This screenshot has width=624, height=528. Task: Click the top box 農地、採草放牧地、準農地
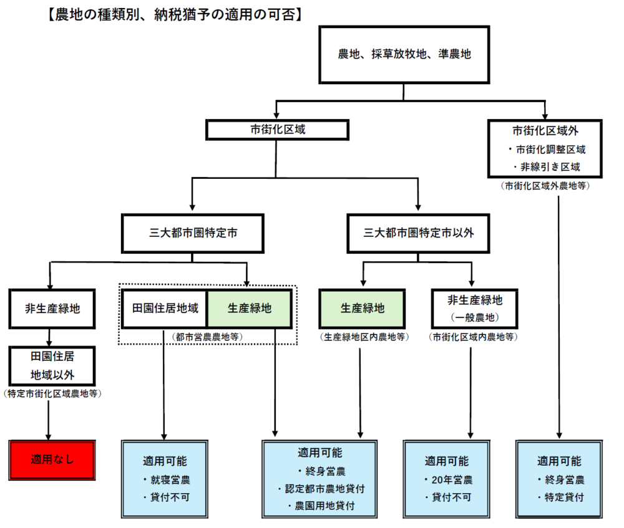click(x=404, y=54)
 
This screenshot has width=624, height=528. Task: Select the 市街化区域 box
click(x=277, y=130)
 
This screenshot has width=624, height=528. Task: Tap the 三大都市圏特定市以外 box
click(x=419, y=234)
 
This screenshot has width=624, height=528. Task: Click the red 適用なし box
click(x=52, y=461)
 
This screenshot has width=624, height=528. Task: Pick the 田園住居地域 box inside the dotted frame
click(x=165, y=308)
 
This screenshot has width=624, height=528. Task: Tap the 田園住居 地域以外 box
click(x=52, y=367)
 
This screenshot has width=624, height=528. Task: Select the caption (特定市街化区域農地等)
click(x=52, y=393)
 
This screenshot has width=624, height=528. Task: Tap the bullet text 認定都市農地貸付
click(x=319, y=488)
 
